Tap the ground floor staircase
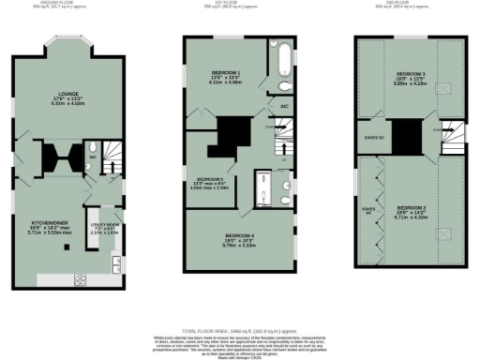(x=113, y=153)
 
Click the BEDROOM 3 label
(x=410, y=74)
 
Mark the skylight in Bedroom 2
(x=442, y=232)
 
